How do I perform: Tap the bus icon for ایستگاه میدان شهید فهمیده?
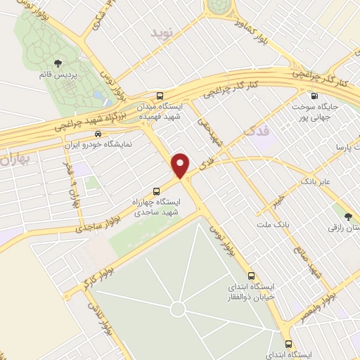(x=160, y=96)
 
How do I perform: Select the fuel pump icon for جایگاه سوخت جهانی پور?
(x=314, y=96)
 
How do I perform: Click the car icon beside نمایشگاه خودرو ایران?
(x=99, y=134)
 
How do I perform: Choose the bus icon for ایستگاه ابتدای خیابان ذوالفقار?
(x=250, y=275)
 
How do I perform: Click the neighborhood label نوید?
(x=161, y=33)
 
